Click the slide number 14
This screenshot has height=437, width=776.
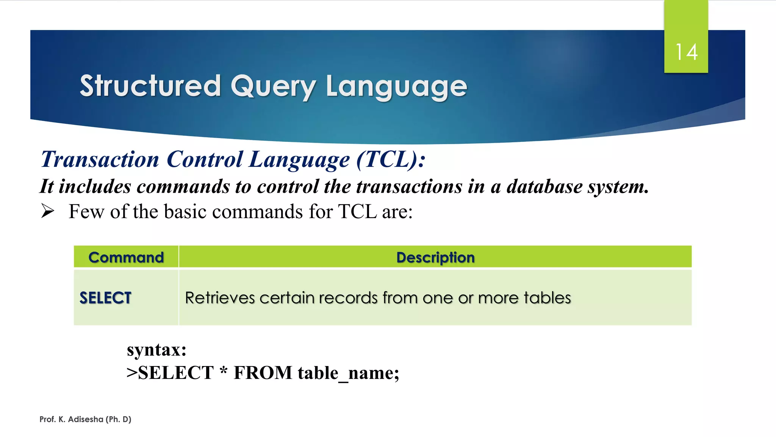tap(686, 52)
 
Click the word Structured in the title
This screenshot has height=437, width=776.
tap(150, 86)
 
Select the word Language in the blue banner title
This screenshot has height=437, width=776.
tap(396, 87)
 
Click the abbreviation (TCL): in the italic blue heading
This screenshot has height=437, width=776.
tap(391, 159)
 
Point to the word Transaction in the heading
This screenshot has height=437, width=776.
tap(100, 159)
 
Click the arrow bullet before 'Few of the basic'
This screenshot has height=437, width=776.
tap(48, 211)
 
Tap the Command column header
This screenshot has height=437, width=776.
tap(126, 257)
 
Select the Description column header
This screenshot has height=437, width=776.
tap(435, 257)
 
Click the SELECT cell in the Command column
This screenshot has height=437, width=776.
tap(105, 298)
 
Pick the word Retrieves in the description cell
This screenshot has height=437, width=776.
tap(220, 298)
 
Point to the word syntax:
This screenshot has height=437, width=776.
tap(156, 349)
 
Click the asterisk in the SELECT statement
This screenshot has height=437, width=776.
tap(224, 371)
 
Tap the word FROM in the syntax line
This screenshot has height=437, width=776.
tap(263, 373)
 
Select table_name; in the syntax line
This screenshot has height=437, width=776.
tap(348, 373)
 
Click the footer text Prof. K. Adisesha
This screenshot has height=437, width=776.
tap(72, 419)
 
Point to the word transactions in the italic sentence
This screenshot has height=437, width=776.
tap(409, 186)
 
